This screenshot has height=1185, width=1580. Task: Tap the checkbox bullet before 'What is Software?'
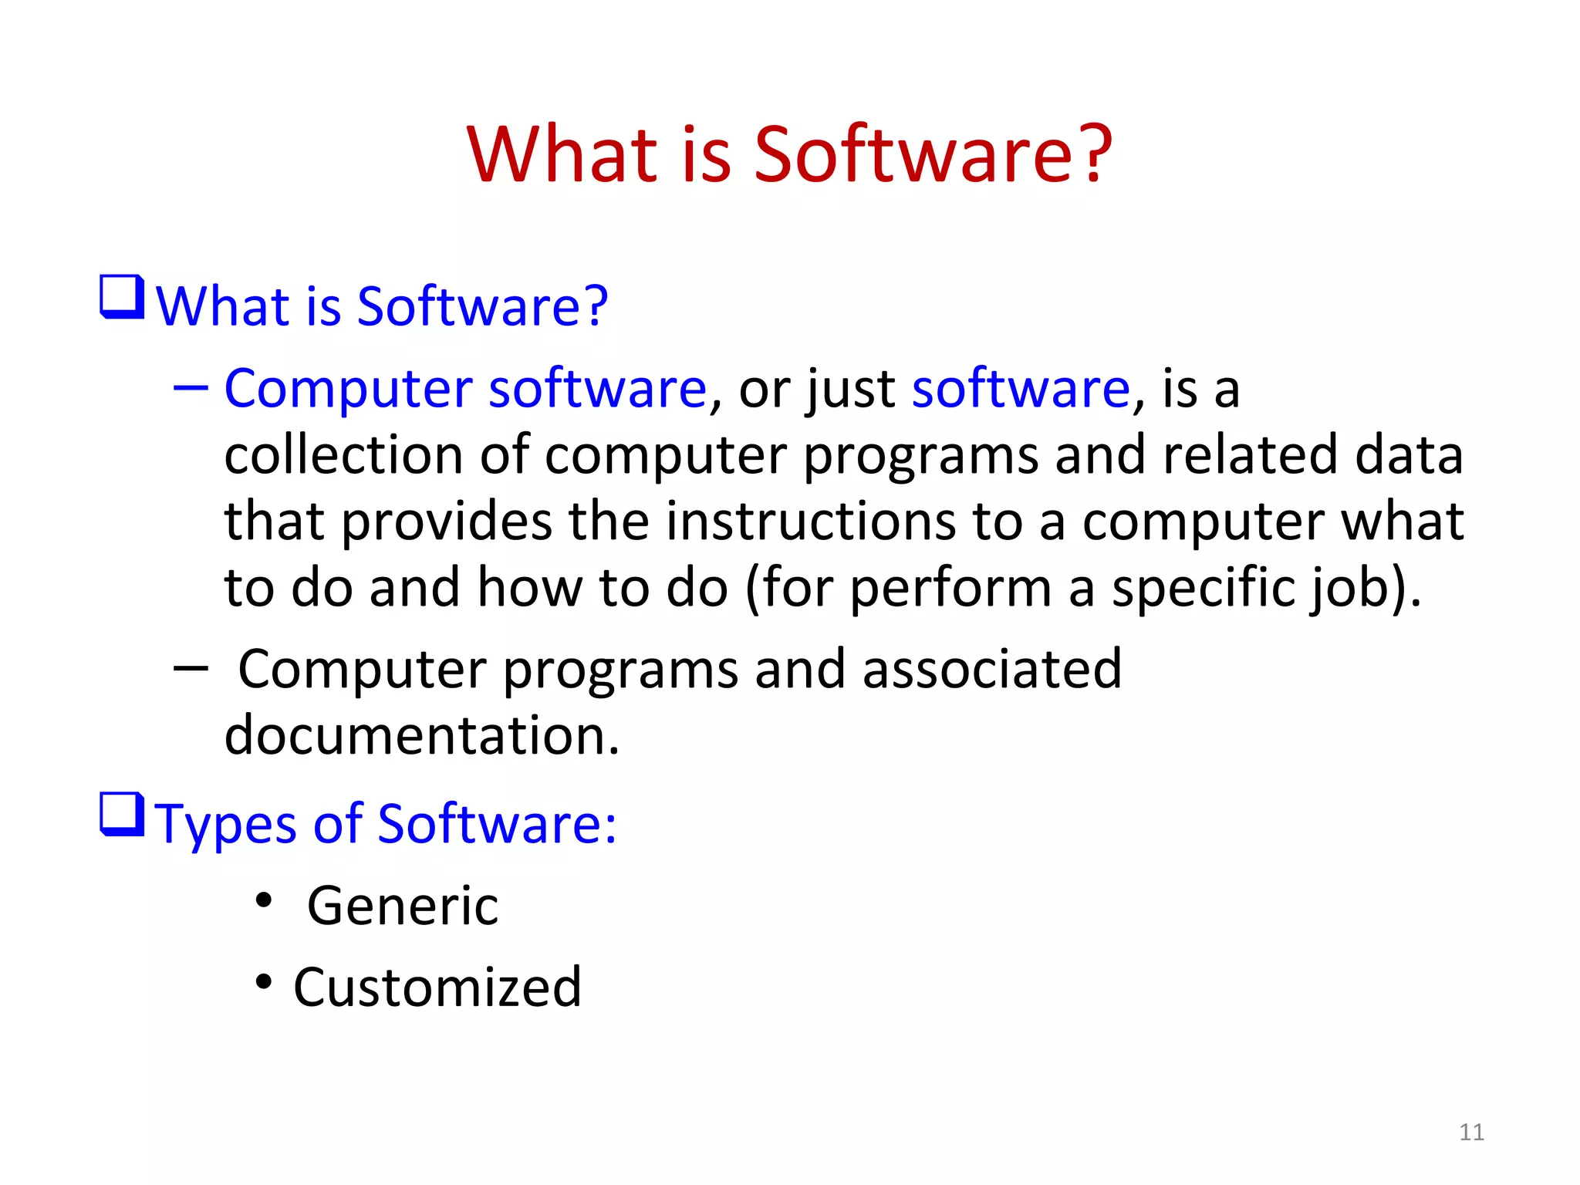point(122,297)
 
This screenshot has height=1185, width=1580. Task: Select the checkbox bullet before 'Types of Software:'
point(122,815)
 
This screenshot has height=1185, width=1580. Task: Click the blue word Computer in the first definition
point(347,390)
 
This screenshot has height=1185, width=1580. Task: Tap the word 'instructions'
point(810,522)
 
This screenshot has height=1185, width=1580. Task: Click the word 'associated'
point(991,669)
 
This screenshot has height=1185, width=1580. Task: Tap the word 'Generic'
point(403,906)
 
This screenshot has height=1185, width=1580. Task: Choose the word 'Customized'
point(437,987)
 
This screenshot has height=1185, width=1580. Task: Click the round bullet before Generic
point(264,900)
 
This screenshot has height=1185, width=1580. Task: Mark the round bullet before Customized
point(264,982)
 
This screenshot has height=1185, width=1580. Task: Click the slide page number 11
point(1471,1132)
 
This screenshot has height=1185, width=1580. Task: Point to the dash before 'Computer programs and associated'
point(191,668)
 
